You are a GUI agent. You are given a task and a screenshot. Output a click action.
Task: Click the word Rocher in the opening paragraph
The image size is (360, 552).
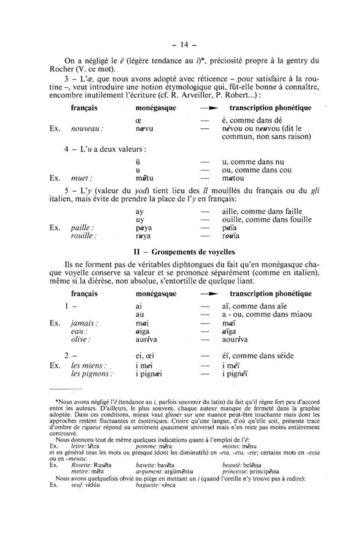pyautogui.click(x=62, y=68)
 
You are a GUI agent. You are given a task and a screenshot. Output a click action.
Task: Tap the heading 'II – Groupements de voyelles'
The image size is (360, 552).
pyautogui.click(x=185, y=252)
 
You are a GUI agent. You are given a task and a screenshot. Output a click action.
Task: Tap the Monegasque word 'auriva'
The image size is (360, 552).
pyautogui.click(x=146, y=340)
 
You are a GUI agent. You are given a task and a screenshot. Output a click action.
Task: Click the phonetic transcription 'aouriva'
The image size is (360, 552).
pyautogui.click(x=235, y=340)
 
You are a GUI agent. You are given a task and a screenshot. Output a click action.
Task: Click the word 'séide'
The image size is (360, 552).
pyautogui.click(x=283, y=356)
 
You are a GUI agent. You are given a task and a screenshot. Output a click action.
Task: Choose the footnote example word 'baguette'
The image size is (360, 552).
pyautogui.click(x=148, y=485)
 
